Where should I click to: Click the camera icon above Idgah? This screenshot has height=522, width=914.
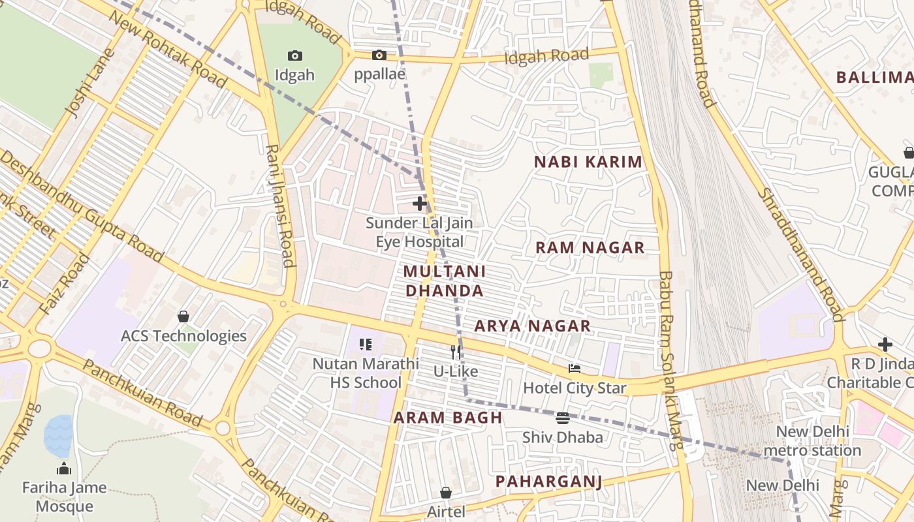[x=295, y=56]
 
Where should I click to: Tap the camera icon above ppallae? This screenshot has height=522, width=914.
[x=379, y=55]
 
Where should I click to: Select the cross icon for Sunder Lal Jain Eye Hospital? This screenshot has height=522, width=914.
[x=420, y=204]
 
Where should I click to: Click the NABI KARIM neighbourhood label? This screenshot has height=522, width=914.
[x=588, y=162]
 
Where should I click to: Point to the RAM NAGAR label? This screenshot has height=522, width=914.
[x=590, y=248]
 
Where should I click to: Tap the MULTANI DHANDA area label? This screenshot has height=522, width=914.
[x=445, y=281]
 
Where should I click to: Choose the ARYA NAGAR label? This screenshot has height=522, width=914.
[x=532, y=326]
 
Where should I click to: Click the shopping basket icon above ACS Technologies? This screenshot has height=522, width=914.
[x=183, y=316]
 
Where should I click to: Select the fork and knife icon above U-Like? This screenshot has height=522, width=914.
[x=456, y=352]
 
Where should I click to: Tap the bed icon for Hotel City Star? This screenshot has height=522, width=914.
[x=575, y=369]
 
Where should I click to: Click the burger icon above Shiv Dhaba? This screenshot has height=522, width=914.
[x=563, y=418]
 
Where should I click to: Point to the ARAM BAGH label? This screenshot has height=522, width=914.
[x=448, y=418]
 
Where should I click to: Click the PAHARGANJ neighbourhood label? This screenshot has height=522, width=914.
[x=548, y=482]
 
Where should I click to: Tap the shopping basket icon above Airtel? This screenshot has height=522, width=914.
[x=446, y=493]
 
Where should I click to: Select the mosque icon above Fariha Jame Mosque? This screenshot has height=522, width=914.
[x=64, y=468]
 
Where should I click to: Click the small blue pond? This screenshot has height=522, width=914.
[x=58, y=436]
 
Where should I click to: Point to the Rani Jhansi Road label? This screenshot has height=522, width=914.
[x=279, y=206]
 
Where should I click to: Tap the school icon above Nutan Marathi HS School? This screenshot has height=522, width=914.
[x=366, y=344]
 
